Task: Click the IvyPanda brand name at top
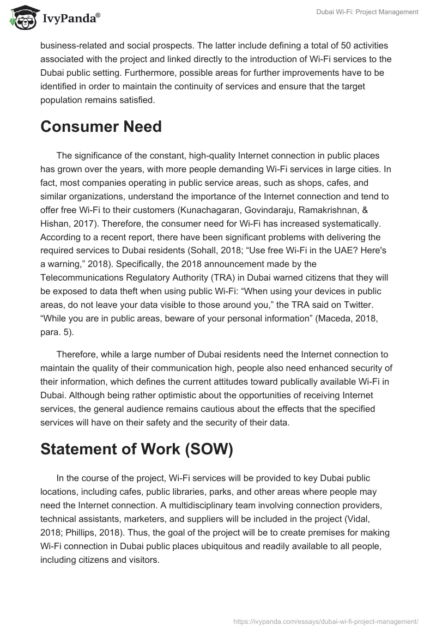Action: pos(68,19)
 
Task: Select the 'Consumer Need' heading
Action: pos(101,126)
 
